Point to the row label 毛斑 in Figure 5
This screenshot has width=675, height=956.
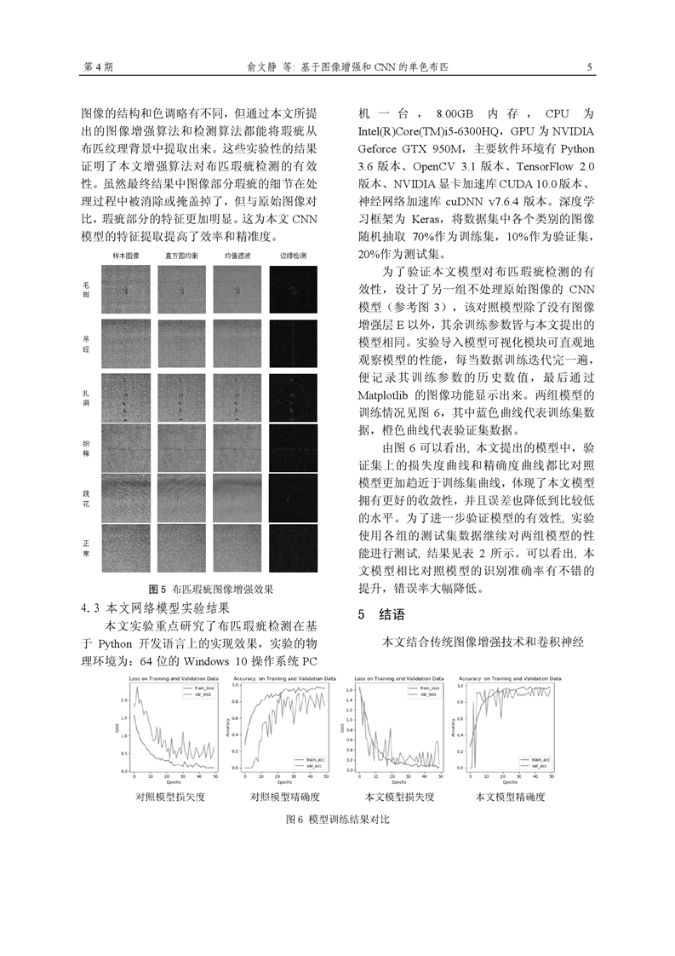85,292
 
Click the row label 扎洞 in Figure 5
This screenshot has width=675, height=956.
85,397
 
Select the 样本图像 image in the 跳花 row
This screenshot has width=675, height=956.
125,499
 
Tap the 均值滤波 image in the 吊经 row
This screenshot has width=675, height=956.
238,343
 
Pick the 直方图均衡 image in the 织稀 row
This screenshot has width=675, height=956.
181,447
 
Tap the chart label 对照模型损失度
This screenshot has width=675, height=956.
170,798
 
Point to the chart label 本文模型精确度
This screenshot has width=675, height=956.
509,798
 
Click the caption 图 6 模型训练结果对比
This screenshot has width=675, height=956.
338,819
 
